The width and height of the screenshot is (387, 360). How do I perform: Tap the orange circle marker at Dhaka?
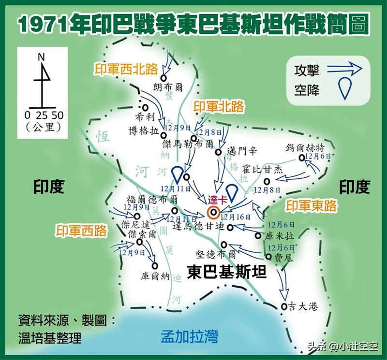[213, 212]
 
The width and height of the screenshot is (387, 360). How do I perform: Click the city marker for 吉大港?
[284, 306]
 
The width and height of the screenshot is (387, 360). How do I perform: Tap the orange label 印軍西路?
[81, 230]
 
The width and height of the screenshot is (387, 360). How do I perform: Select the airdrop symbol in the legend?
[344, 89]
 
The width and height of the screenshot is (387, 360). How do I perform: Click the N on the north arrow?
[42, 57]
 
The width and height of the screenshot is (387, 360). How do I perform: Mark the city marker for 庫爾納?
[155, 265]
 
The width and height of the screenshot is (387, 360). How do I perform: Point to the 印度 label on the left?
[48, 187]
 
